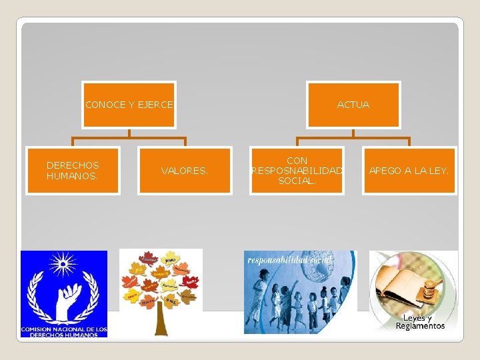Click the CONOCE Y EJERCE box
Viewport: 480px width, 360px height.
tap(129, 105)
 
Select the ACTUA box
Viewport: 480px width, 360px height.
tap(353, 105)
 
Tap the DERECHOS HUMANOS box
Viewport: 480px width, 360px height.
tap(73, 171)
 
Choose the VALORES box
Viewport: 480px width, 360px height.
tap(185, 171)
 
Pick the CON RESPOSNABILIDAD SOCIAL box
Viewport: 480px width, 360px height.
tap(297, 171)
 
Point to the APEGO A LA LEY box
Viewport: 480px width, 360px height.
tap(409, 171)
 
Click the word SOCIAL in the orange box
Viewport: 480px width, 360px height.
tap(297, 181)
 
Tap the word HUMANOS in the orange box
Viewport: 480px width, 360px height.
tap(72, 176)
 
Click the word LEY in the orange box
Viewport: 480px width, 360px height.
tap(439, 171)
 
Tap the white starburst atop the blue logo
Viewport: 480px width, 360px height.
tap(63, 263)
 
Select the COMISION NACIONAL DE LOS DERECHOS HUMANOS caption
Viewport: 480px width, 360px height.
tap(63, 331)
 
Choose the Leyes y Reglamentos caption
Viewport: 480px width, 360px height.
tap(419, 322)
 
